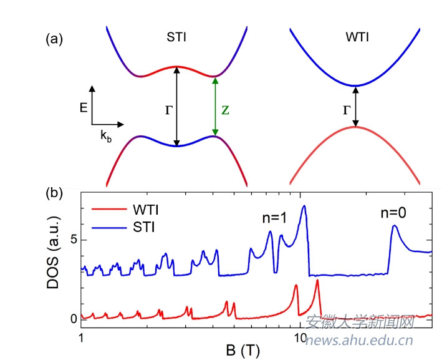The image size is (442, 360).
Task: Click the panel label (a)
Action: click(x=54, y=39)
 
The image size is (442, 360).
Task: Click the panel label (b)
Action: click(x=54, y=192)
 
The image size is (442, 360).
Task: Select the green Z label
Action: click(x=226, y=110)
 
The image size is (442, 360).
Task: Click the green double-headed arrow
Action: click(x=214, y=106)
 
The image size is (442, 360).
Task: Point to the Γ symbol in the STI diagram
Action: click(x=168, y=110)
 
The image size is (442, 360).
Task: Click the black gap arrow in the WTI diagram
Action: click(x=355, y=106)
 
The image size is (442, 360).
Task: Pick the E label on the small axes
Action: click(x=83, y=107)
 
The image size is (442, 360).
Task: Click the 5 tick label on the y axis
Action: click(x=72, y=240)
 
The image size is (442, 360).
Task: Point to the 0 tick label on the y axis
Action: click(x=72, y=319)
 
